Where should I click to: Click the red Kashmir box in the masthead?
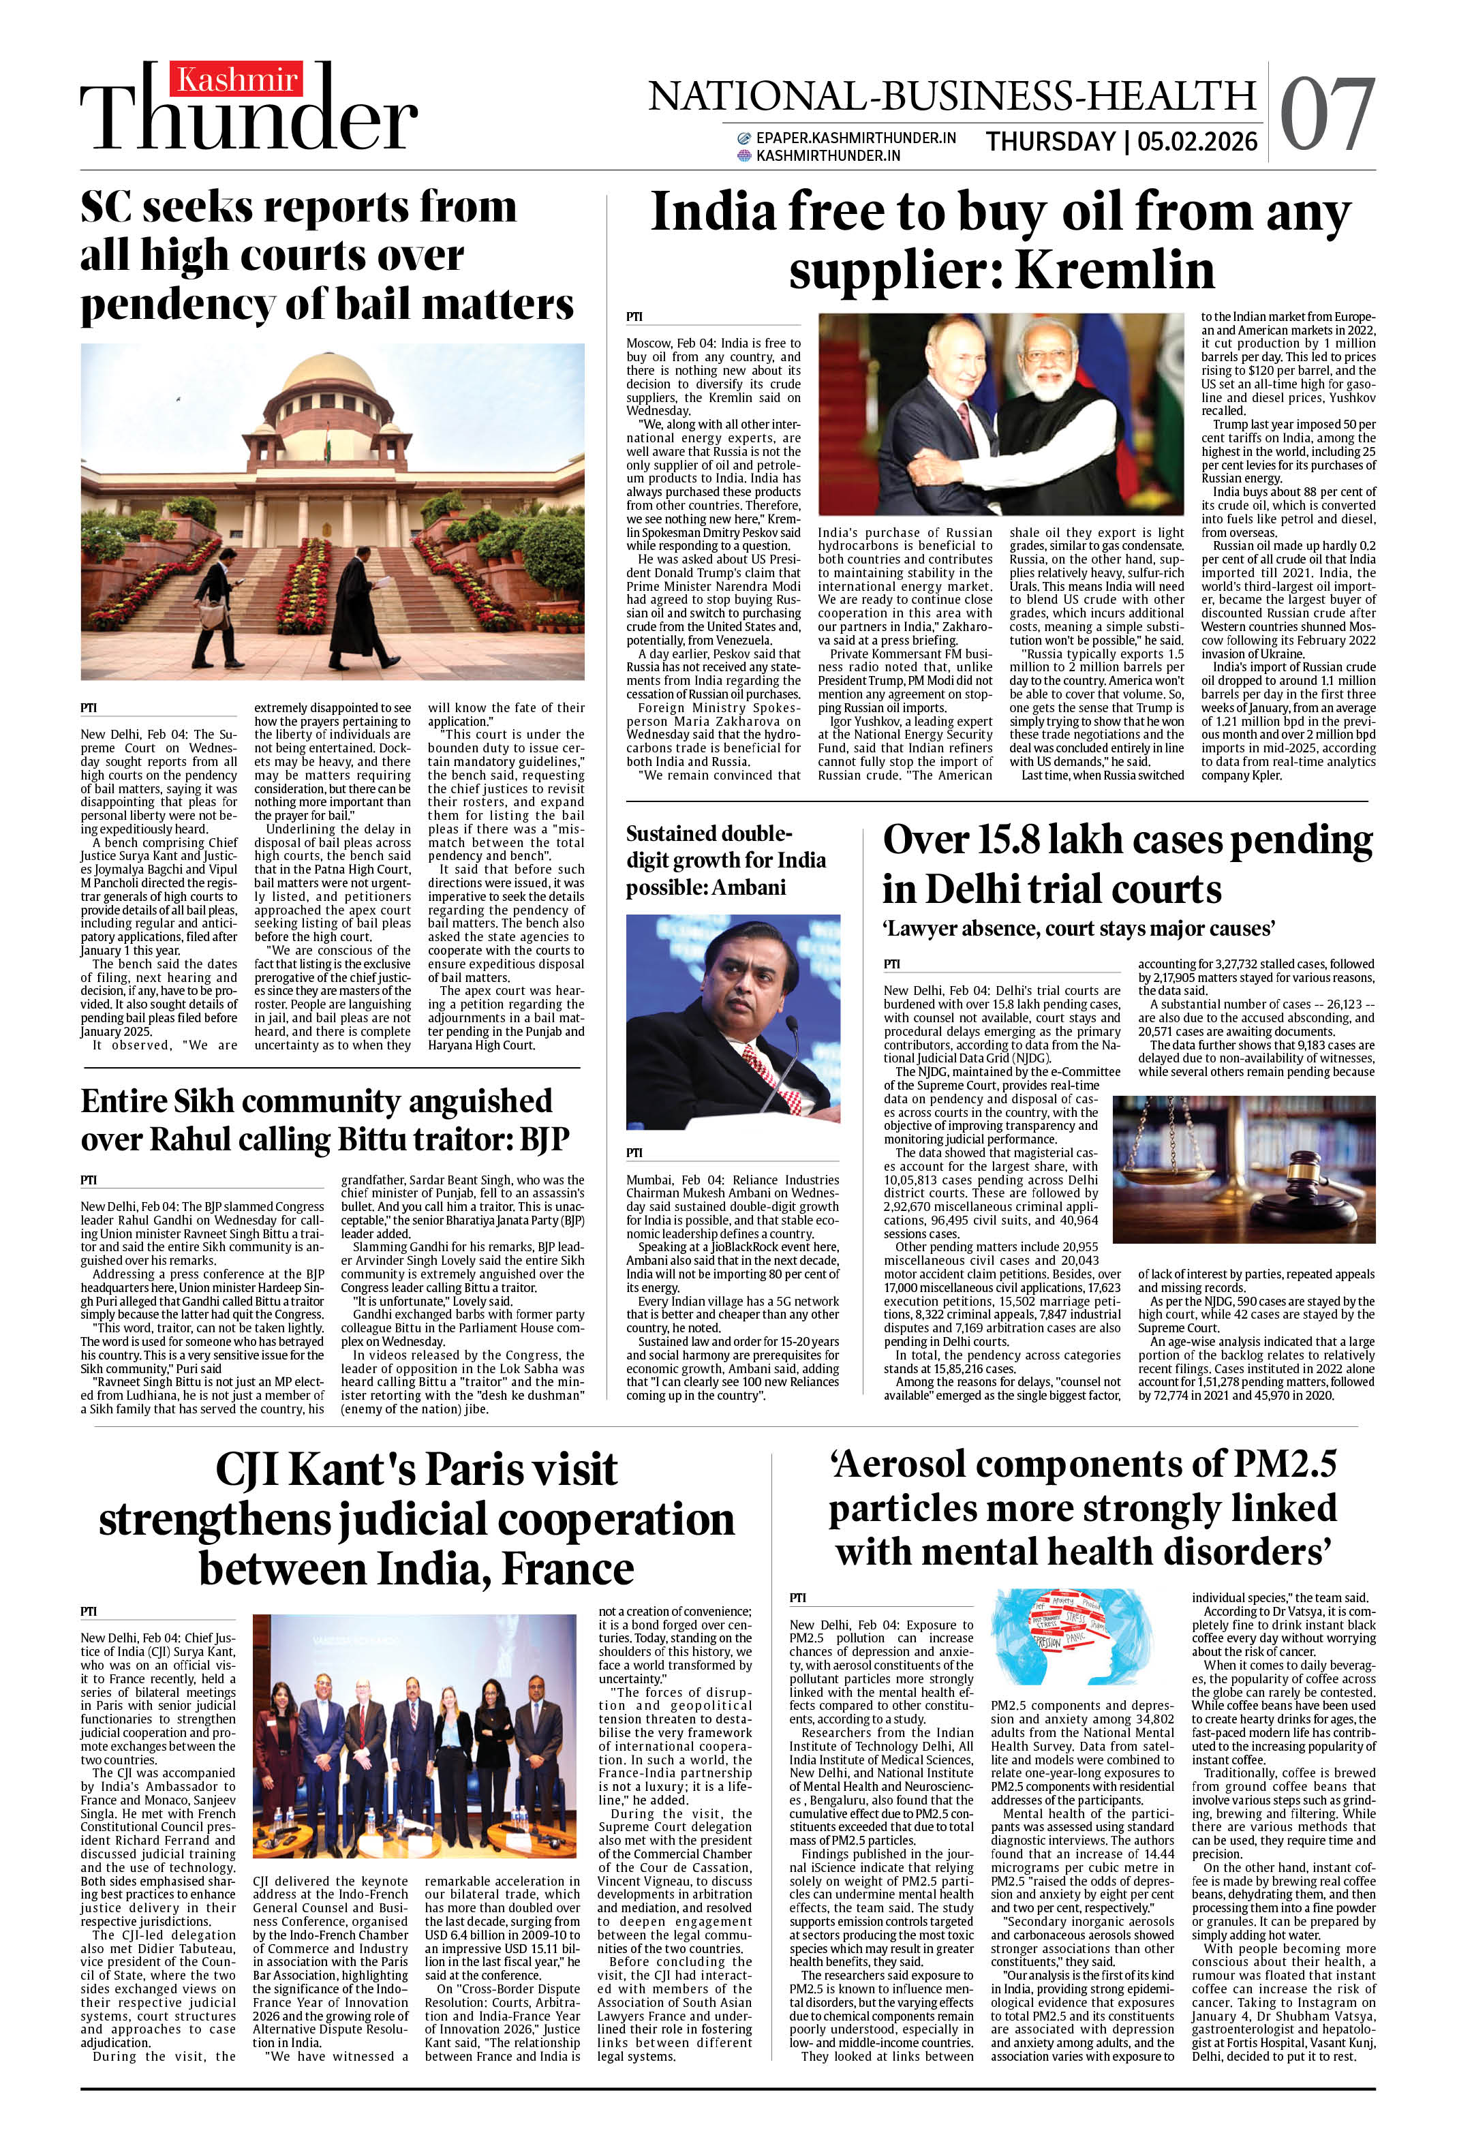[236, 81]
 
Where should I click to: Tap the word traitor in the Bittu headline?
[455, 1140]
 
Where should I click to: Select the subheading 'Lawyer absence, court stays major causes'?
[1078, 929]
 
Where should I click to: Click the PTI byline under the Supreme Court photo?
[88, 707]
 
